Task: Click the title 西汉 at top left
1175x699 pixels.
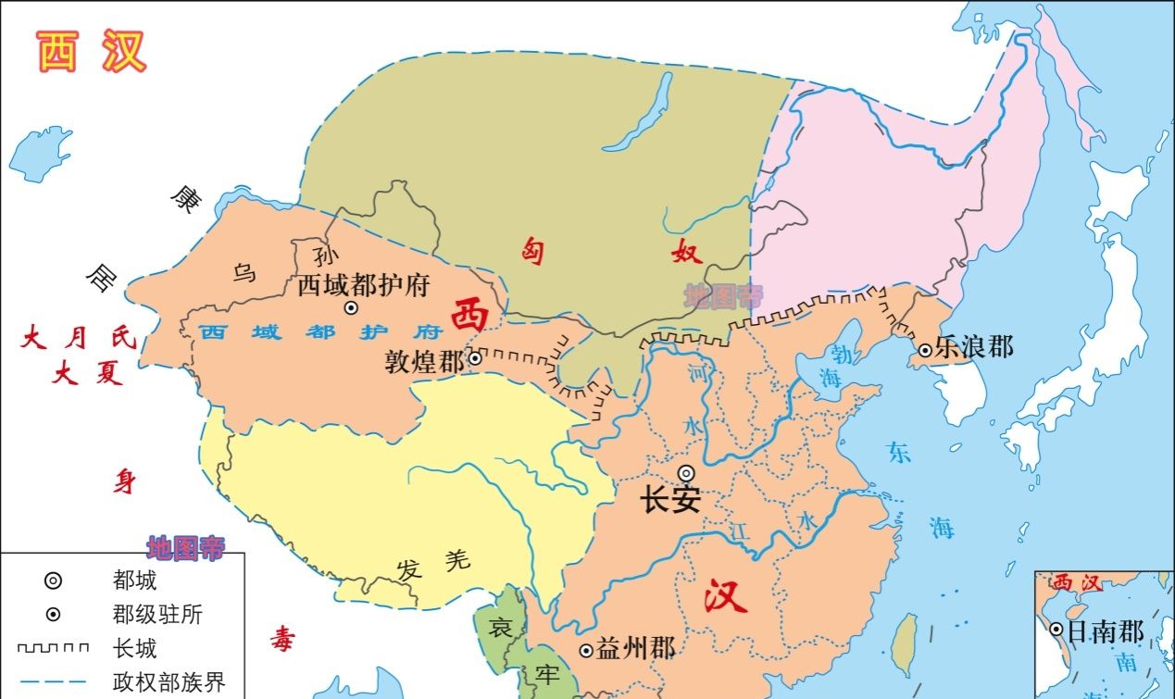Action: tap(92, 53)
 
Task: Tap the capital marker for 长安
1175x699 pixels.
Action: tap(686, 473)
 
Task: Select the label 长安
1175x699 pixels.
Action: tap(670, 501)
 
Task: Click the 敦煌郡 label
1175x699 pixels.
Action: tap(425, 361)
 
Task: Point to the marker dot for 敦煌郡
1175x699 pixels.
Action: tap(475, 358)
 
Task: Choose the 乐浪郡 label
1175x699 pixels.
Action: tap(974, 347)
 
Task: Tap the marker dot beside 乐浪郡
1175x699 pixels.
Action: tap(925, 350)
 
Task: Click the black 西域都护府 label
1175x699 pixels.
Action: tap(364, 284)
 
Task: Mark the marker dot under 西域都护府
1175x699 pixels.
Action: tap(351, 307)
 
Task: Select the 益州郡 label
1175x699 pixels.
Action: tap(636, 649)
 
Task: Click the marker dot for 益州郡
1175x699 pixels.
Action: tap(586, 651)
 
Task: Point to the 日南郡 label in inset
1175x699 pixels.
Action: tap(1106, 631)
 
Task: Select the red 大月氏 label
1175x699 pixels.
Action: tap(78, 338)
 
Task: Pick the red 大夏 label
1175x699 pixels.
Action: tap(88, 375)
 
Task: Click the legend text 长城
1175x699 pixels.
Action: tap(134, 648)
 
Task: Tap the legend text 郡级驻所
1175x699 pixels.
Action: tap(157, 615)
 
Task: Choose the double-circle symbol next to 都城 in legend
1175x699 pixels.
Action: tap(54, 581)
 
